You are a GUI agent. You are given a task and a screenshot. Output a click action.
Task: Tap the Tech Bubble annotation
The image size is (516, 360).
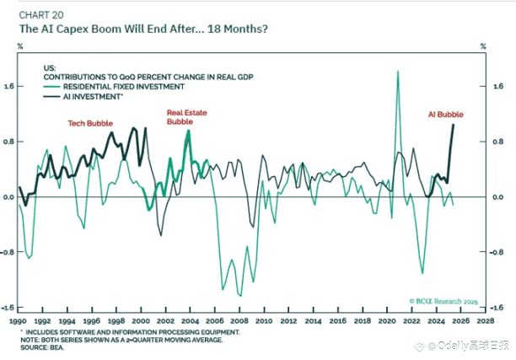tap(89, 123)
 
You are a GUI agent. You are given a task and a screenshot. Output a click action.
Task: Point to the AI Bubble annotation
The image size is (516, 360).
tap(445, 115)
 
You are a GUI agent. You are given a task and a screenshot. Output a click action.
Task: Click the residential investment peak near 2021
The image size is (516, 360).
tap(397, 73)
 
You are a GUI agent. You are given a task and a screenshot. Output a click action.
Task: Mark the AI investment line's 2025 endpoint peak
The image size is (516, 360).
tap(454, 126)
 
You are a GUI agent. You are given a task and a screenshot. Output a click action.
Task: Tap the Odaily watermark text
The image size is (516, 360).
tap(467, 345)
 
